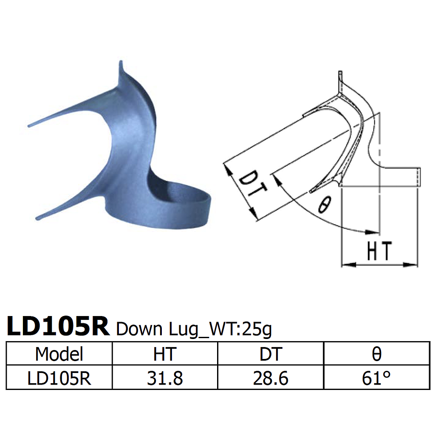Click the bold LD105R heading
(58, 326)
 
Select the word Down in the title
(138, 328)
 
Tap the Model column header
(59, 353)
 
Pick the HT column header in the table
(165, 353)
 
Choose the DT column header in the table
(271, 353)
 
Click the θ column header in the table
(376, 353)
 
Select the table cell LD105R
(59, 378)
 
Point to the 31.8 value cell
(165, 378)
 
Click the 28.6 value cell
(271, 378)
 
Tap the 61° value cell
(376, 378)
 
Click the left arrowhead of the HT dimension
(345, 265)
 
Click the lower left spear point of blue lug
(37, 219)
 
